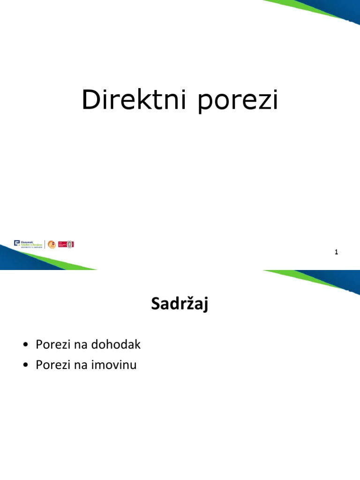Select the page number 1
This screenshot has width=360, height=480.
coord(336,252)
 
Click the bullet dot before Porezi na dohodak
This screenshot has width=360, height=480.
coord(25,345)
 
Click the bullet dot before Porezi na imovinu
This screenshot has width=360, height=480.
coord(25,366)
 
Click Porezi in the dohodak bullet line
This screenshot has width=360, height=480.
coord(52,345)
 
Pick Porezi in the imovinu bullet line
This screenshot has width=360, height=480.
coord(52,365)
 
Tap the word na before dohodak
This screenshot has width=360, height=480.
coord(78,345)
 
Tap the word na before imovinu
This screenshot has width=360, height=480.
coord(78,365)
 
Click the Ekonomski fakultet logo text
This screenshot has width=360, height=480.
coord(31,244)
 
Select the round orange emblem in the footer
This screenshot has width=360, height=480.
coord(52,244)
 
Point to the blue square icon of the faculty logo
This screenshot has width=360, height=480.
coord(17,243)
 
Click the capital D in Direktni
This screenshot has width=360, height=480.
coord(89,100)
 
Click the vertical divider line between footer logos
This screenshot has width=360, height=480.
coord(45,244)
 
